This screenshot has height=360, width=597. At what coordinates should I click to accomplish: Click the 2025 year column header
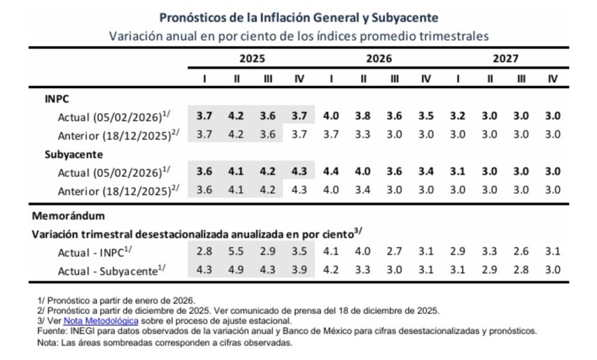click(251, 58)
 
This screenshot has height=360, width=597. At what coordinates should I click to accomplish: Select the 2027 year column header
click(505, 58)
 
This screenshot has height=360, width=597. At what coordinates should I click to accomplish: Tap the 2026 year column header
click(378, 58)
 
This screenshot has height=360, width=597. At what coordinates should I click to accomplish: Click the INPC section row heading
click(57, 99)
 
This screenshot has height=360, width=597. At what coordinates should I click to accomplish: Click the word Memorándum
click(68, 216)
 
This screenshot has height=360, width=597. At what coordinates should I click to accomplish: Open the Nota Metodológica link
click(100, 320)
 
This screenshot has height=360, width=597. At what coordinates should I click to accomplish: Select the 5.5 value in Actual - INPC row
click(236, 252)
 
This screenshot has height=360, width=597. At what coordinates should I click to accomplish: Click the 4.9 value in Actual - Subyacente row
click(236, 270)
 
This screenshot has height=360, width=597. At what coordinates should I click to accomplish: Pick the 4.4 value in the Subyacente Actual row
click(331, 172)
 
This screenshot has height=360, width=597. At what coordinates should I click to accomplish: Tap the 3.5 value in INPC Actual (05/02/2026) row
click(426, 116)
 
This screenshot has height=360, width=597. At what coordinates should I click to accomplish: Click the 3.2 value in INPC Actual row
click(458, 116)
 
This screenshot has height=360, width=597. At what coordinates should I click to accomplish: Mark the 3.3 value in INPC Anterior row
click(363, 134)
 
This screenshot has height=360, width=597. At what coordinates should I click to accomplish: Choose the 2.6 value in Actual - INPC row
click(521, 252)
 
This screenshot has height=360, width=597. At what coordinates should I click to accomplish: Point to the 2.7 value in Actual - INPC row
click(394, 252)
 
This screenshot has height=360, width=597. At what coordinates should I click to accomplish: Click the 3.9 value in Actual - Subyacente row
click(299, 270)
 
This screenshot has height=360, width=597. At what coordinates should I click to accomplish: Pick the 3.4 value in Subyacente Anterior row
click(363, 190)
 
